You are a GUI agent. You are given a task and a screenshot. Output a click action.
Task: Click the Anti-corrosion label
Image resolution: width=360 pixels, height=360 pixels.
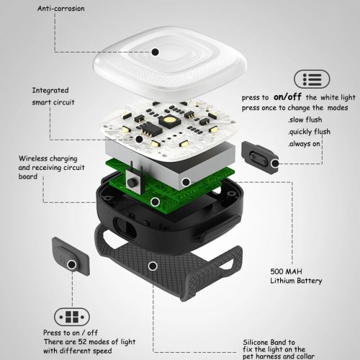(x=61, y=9)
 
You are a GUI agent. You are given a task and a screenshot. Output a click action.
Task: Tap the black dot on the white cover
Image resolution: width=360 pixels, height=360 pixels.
(x=156, y=52)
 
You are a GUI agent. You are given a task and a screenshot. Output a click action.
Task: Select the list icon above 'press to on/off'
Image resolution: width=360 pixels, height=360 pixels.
(x=312, y=79)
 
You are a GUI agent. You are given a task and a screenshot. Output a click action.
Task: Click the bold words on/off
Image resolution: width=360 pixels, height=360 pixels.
(x=287, y=96)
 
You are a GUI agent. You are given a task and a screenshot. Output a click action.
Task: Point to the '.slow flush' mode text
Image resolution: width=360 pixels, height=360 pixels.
(x=305, y=120)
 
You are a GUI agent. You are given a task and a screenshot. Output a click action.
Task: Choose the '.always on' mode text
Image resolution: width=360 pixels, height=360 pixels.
(x=305, y=144)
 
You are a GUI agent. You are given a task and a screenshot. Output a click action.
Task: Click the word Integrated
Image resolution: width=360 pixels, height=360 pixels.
(x=50, y=91)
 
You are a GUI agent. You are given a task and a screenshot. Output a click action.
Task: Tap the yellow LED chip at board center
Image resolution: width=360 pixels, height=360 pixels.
(x=169, y=120)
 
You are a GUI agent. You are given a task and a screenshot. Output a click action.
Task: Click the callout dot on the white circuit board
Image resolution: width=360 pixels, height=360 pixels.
(x=139, y=139)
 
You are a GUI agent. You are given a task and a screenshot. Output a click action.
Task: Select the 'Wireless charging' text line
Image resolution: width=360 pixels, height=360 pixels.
(x=48, y=158)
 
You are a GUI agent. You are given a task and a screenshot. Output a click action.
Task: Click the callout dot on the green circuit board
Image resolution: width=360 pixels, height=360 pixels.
(x=156, y=202)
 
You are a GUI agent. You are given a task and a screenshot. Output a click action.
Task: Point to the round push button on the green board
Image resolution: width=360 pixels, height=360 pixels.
(x=131, y=182)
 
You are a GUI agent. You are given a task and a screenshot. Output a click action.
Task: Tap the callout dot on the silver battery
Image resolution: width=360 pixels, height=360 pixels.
(x=186, y=182)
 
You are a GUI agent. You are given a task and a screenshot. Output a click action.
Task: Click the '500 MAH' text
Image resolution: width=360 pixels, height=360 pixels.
(x=286, y=271)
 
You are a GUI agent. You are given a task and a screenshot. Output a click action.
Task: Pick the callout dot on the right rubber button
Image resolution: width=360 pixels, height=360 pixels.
(x=275, y=163)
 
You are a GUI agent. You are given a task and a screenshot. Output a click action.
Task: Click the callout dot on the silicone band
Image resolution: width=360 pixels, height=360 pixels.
(x=153, y=266)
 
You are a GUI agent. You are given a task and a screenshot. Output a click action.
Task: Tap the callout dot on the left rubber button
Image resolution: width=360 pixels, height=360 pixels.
(x=71, y=265)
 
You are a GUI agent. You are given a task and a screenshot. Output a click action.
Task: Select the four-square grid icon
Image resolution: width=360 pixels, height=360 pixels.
(x=72, y=317)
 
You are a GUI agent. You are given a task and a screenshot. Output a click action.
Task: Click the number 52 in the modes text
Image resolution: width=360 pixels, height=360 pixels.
(x=83, y=341)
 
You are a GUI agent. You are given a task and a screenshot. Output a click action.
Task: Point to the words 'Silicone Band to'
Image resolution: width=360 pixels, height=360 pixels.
(x=269, y=342)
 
